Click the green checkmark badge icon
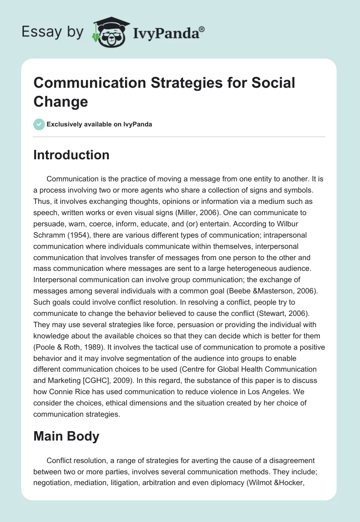(x=39, y=124)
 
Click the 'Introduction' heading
(x=72, y=155)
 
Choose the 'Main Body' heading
(x=67, y=436)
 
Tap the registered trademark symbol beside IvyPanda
(x=202, y=28)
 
